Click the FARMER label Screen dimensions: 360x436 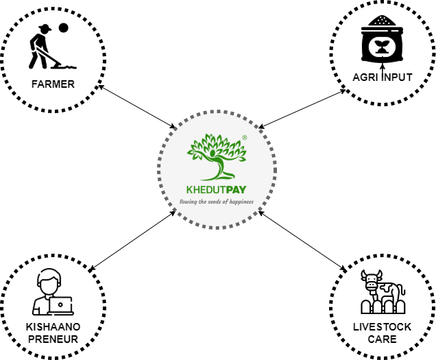point(53,85)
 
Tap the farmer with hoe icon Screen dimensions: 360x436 point(47,49)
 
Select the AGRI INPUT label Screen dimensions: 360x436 point(382,77)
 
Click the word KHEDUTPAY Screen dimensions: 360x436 point(217,190)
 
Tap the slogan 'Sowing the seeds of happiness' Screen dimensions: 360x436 point(217,202)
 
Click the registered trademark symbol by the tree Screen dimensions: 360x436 point(244,138)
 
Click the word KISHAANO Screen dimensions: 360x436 point(53,327)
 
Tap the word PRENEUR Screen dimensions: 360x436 point(53,339)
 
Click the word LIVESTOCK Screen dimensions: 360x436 point(382,327)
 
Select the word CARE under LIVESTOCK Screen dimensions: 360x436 point(382,339)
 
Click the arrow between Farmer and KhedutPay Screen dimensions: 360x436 point(137,107)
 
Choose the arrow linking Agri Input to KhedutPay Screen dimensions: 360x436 point(302,108)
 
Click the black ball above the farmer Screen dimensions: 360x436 point(63,28)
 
